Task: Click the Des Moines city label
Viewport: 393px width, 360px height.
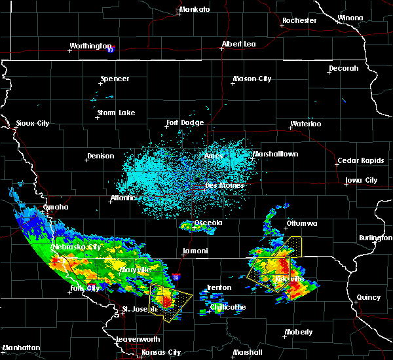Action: click(x=225, y=185)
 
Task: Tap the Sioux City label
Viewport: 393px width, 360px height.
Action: click(x=33, y=123)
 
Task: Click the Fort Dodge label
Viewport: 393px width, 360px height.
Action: click(x=185, y=123)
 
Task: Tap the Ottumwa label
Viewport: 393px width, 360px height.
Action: click(x=301, y=224)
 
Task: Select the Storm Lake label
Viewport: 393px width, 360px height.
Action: click(x=116, y=113)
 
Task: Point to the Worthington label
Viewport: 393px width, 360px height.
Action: click(x=90, y=46)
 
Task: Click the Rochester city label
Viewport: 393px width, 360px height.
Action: click(x=299, y=21)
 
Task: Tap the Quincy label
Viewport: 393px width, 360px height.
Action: click(x=369, y=298)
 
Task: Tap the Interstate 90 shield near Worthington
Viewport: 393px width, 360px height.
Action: click(x=111, y=49)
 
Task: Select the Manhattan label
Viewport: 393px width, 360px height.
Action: click(x=21, y=348)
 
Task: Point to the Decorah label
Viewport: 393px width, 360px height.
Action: click(x=344, y=69)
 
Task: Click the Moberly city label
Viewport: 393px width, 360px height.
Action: click(x=298, y=333)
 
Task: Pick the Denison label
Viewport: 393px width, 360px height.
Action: click(x=100, y=156)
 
